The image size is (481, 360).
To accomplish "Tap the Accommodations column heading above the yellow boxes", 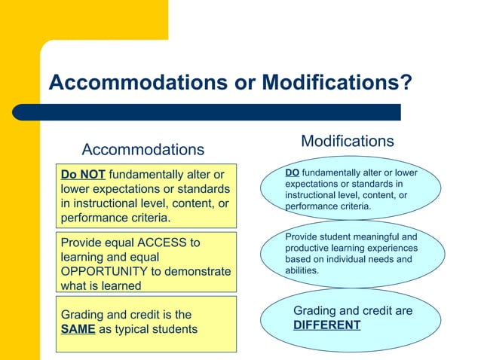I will click(x=142, y=149).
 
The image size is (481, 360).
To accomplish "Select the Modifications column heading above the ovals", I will click(x=347, y=141).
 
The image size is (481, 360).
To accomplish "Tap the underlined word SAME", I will click(x=78, y=329).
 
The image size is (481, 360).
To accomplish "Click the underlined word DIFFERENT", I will click(x=326, y=325).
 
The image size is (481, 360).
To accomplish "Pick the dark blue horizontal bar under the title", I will click(x=222, y=112).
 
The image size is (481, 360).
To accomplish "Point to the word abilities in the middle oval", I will click(x=302, y=270).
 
